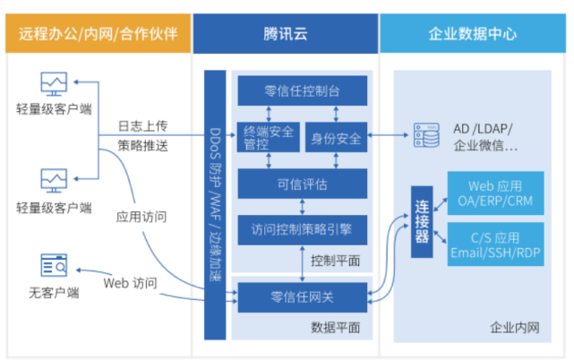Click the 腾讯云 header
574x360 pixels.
pyautogui.click(x=285, y=35)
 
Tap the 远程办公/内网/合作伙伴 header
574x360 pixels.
pyautogui.click(x=98, y=35)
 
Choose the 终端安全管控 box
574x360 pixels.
pyautogui.click(x=268, y=138)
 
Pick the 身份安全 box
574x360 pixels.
pyautogui.click(x=336, y=138)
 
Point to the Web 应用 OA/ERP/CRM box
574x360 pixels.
pyautogui.click(x=495, y=192)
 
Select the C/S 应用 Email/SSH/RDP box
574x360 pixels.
pyautogui.click(x=495, y=245)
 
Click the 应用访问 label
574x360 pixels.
pyautogui.click(x=141, y=216)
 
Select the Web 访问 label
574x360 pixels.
pyautogui.click(x=131, y=283)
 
